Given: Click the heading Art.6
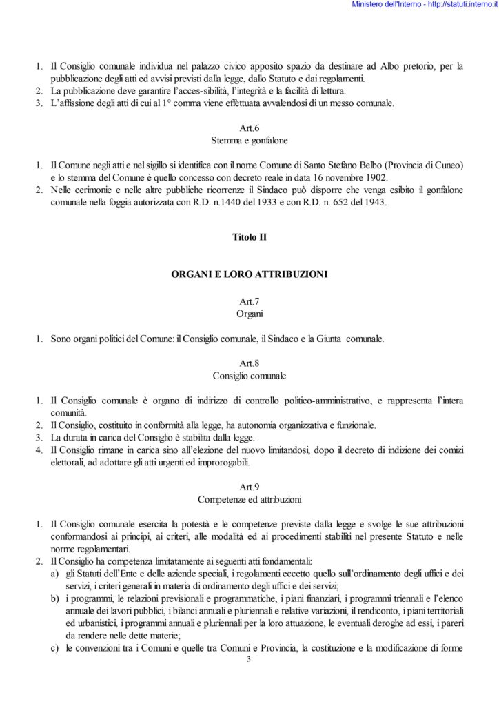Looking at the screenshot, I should (249, 128).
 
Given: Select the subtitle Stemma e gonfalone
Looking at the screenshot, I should (249, 140).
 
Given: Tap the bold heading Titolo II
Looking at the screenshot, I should (249, 237).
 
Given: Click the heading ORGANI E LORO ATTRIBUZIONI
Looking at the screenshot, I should (249, 274).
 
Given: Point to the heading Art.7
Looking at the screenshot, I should (249, 301).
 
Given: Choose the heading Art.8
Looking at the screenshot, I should (249, 363).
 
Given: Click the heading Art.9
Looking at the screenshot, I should (249, 487).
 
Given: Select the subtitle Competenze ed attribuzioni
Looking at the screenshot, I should (249, 498).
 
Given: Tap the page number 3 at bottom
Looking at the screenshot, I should (249, 660).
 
